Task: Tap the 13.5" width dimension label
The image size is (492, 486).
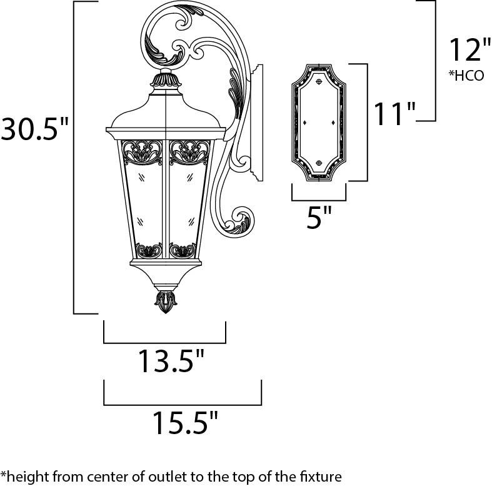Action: (x=171, y=361)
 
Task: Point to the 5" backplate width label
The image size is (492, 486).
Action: (x=319, y=217)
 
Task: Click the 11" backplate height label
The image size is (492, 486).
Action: (x=394, y=113)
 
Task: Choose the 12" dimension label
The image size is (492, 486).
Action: (x=470, y=49)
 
